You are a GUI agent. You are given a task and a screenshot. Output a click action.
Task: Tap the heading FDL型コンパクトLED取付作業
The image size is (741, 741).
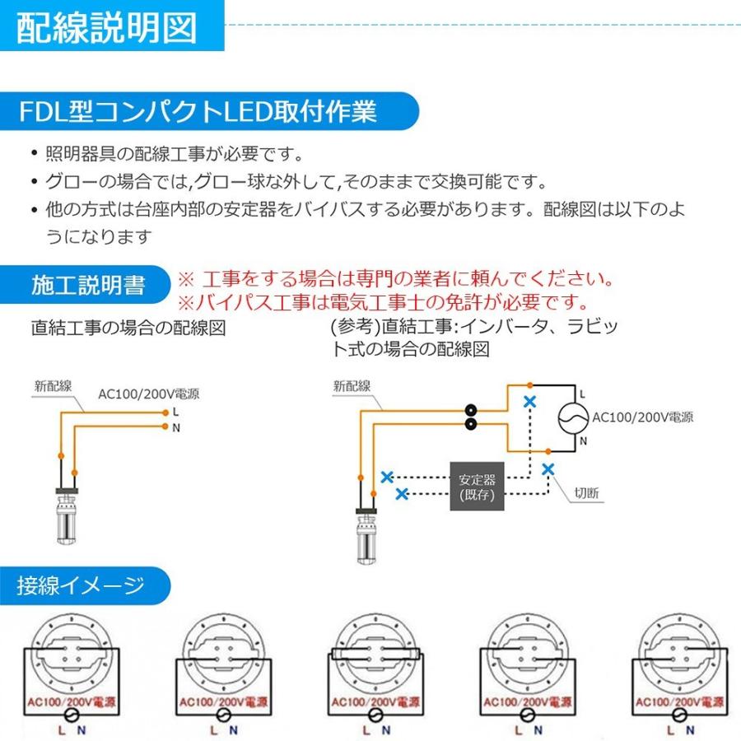tap(200, 111)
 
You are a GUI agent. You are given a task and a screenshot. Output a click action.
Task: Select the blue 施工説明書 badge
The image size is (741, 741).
tap(88, 285)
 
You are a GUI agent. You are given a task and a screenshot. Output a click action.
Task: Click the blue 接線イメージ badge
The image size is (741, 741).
tap(81, 586)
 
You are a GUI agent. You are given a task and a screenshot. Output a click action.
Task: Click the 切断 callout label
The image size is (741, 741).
tap(586, 494)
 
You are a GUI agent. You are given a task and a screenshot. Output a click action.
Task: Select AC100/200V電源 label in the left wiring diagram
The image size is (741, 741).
tap(148, 393)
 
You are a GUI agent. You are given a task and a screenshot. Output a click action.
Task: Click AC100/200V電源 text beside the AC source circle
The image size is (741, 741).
tap(642, 417)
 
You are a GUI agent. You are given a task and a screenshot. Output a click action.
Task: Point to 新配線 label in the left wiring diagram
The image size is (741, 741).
tap(53, 384)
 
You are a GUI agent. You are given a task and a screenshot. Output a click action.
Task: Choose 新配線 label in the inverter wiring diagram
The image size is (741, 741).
tap(352, 384)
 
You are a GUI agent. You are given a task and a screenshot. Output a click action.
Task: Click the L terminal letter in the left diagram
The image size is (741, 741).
tap(176, 409)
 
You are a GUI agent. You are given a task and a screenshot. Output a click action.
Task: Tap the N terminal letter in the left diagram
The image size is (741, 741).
tap(176, 426)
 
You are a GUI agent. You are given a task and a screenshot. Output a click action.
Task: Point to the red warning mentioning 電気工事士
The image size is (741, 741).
tap(384, 301)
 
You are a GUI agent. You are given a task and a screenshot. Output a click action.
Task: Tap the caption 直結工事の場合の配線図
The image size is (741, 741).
tap(128, 328)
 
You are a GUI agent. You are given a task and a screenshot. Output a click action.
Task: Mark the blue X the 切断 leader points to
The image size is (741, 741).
tap(548, 468)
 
